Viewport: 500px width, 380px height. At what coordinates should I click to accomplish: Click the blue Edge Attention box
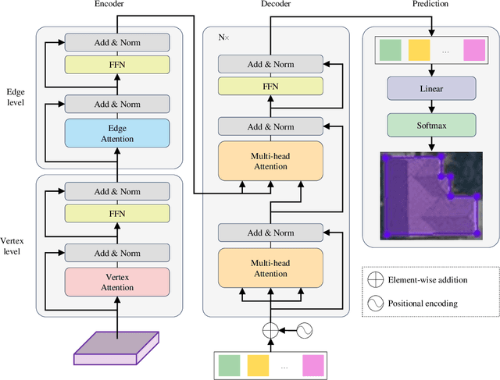116,133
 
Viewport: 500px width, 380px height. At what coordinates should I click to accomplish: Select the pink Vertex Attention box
116,281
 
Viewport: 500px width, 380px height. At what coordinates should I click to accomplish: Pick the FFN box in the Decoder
270,86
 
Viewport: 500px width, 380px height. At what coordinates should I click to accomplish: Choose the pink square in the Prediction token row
473,51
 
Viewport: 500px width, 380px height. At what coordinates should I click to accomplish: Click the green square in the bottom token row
230,366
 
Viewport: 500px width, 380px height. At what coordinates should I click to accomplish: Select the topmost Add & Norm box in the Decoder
270,64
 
